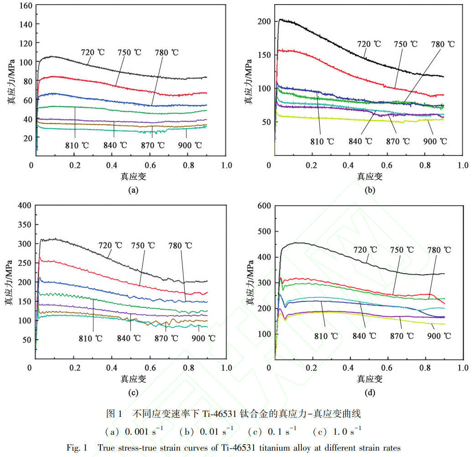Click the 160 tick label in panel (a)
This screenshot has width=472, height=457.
(x=26, y=6)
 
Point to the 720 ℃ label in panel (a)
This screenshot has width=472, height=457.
(x=93, y=52)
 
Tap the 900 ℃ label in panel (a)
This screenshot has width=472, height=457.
(x=190, y=145)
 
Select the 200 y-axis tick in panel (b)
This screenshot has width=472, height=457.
(x=265, y=21)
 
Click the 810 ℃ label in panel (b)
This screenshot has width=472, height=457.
(x=322, y=141)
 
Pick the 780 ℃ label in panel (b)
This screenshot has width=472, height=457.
(x=443, y=44)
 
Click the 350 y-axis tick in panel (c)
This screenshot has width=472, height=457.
(x=25, y=224)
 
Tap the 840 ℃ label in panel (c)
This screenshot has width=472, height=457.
(x=129, y=338)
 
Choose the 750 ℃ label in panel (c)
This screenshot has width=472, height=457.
(x=143, y=246)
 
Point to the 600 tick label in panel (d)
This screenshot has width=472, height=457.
(x=265, y=206)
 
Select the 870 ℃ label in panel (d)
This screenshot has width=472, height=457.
(x=402, y=336)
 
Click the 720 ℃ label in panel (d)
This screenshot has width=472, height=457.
(x=365, y=250)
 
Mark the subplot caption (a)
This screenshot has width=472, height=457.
(x=133, y=190)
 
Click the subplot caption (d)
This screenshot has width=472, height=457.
(x=370, y=393)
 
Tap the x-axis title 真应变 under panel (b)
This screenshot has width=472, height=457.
(x=370, y=177)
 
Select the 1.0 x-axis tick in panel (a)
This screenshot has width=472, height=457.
(x=227, y=165)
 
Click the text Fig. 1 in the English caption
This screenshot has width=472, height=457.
(x=77, y=448)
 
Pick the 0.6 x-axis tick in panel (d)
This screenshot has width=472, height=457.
(x=387, y=368)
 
